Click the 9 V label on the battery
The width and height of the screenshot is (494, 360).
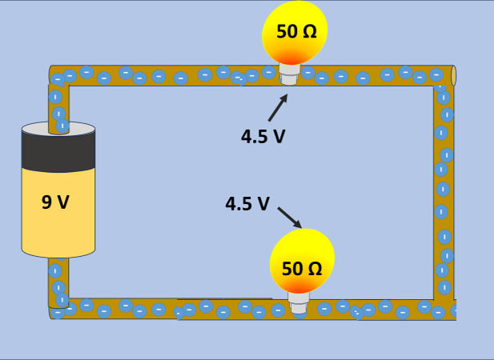(56, 202)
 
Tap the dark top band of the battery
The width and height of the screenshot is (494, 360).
(58, 152)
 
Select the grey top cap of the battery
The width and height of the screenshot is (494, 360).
(58, 129)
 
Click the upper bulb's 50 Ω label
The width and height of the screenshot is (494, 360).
(296, 32)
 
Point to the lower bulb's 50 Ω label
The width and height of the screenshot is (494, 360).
(302, 269)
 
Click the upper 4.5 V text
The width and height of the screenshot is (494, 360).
(263, 136)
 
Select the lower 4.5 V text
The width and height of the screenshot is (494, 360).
(247, 203)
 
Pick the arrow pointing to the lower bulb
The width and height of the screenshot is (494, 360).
(289, 218)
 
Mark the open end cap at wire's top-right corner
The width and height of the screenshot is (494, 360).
(453, 75)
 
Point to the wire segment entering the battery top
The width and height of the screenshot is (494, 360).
(58, 104)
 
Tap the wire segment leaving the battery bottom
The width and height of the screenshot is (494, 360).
(58, 280)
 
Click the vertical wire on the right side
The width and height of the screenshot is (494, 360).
(444, 192)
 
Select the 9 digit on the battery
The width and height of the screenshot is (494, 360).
(47, 202)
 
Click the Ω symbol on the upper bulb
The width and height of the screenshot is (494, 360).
(309, 32)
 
